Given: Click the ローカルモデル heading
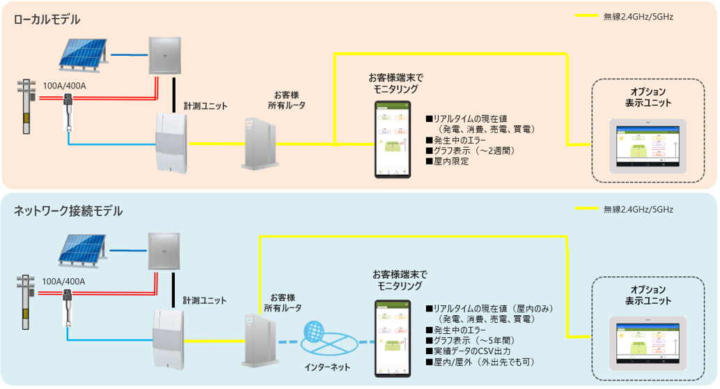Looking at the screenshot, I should (x=47, y=19).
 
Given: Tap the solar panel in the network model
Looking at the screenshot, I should (x=83, y=249).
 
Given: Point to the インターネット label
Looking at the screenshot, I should (x=327, y=367).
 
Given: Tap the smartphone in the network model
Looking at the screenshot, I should (x=392, y=336).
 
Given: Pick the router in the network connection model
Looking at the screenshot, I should (x=258, y=340).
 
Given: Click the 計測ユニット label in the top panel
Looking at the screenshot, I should (x=205, y=105).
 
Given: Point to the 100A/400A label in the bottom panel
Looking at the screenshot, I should (x=63, y=281).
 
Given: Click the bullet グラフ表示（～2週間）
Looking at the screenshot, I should (x=473, y=150).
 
